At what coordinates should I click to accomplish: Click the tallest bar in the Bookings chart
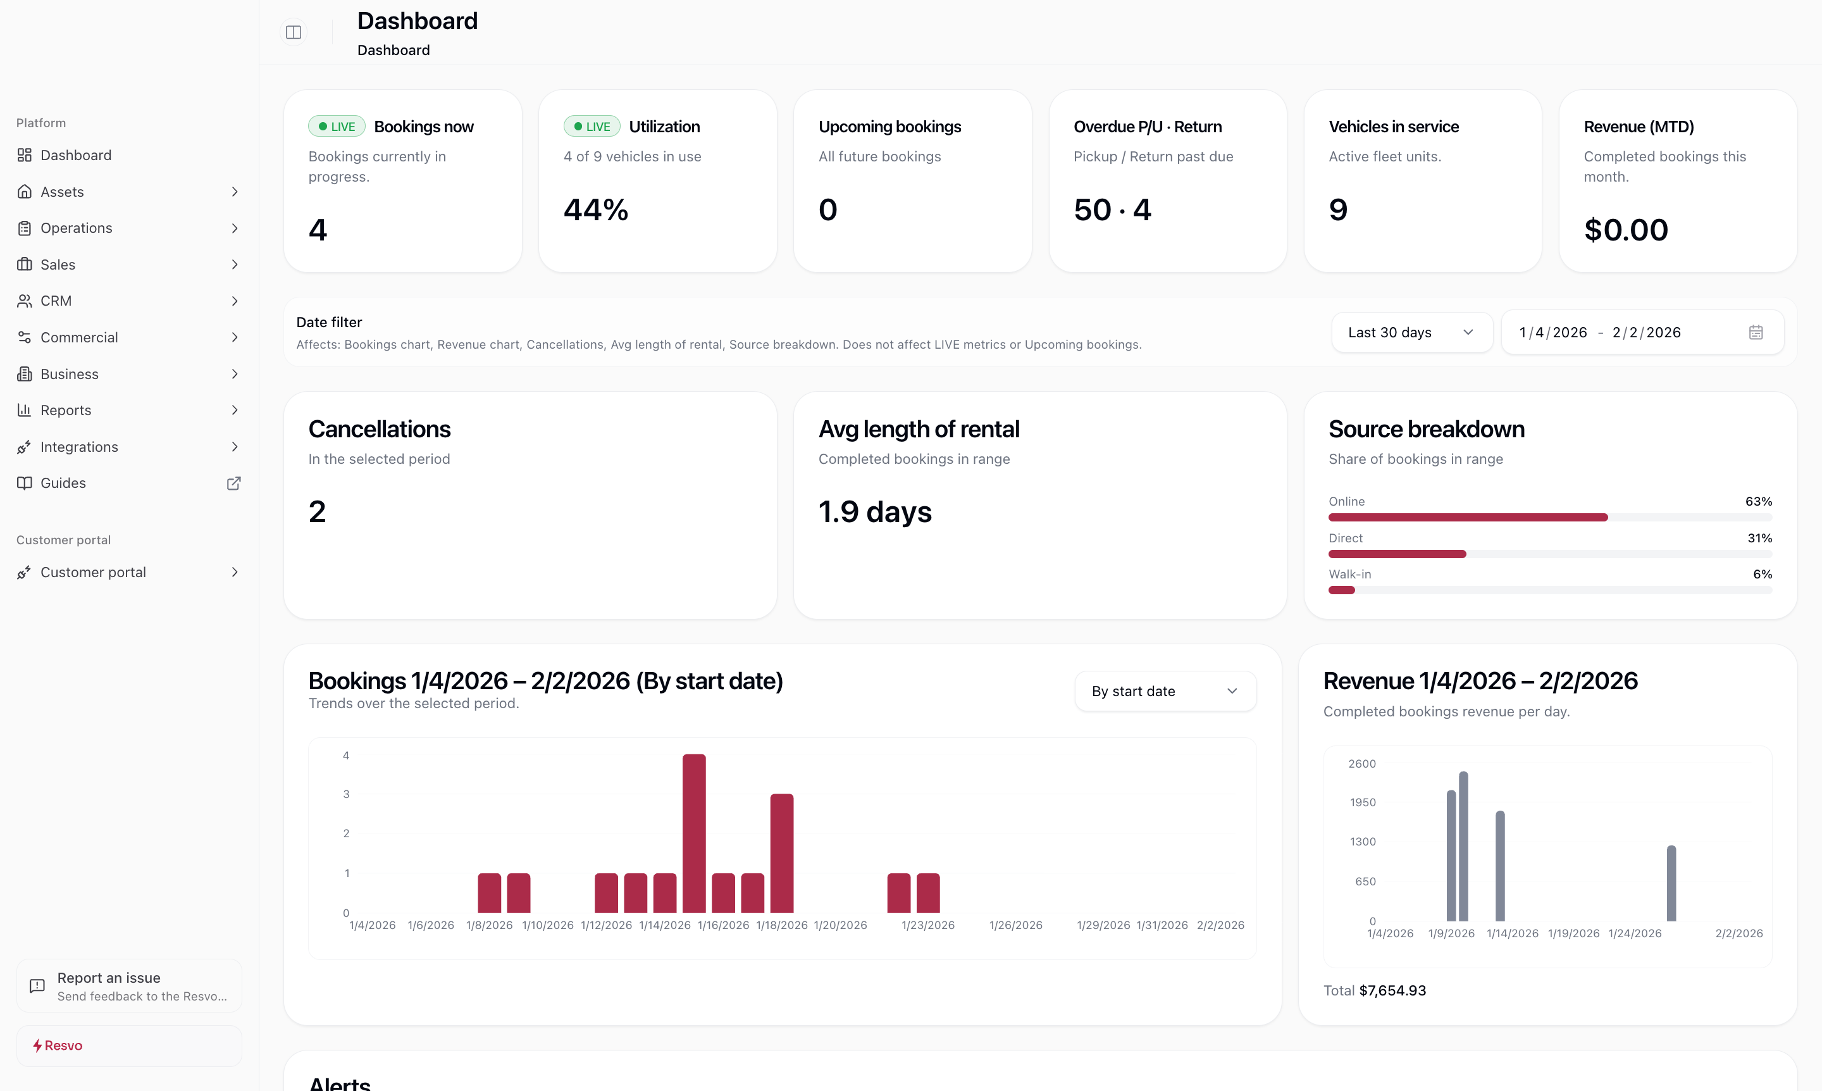click(x=694, y=833)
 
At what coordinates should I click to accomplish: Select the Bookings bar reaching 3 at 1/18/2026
click(x=781, y=853)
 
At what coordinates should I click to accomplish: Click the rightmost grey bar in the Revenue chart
click(x=1671, y=883)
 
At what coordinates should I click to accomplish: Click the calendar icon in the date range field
click(x=1756, y=332)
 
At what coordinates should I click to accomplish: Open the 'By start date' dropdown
click(x=1165, y=691)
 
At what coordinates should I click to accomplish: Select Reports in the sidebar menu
click(x=66, y=410)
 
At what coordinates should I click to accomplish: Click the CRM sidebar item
click(x=56, y=301)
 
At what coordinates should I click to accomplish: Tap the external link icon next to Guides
click(x=233, y=483)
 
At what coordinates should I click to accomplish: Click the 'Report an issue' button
click(x=128, y=986)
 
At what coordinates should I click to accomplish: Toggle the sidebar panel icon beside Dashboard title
click(x=294, y=32)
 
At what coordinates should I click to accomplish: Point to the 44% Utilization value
click(x=595, y=210)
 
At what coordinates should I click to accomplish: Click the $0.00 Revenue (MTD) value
click(x=1625, y=230)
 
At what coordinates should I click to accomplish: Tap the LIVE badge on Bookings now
click(x=337, y=127)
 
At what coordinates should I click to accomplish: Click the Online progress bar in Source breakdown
click(x=1467, y=518)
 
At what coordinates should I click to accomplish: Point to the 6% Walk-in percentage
click(x=1762, y=574)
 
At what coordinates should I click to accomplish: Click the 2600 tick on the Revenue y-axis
click(x=1361, y=764)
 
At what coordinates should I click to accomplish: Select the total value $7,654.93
click(x=1392, y=990)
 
